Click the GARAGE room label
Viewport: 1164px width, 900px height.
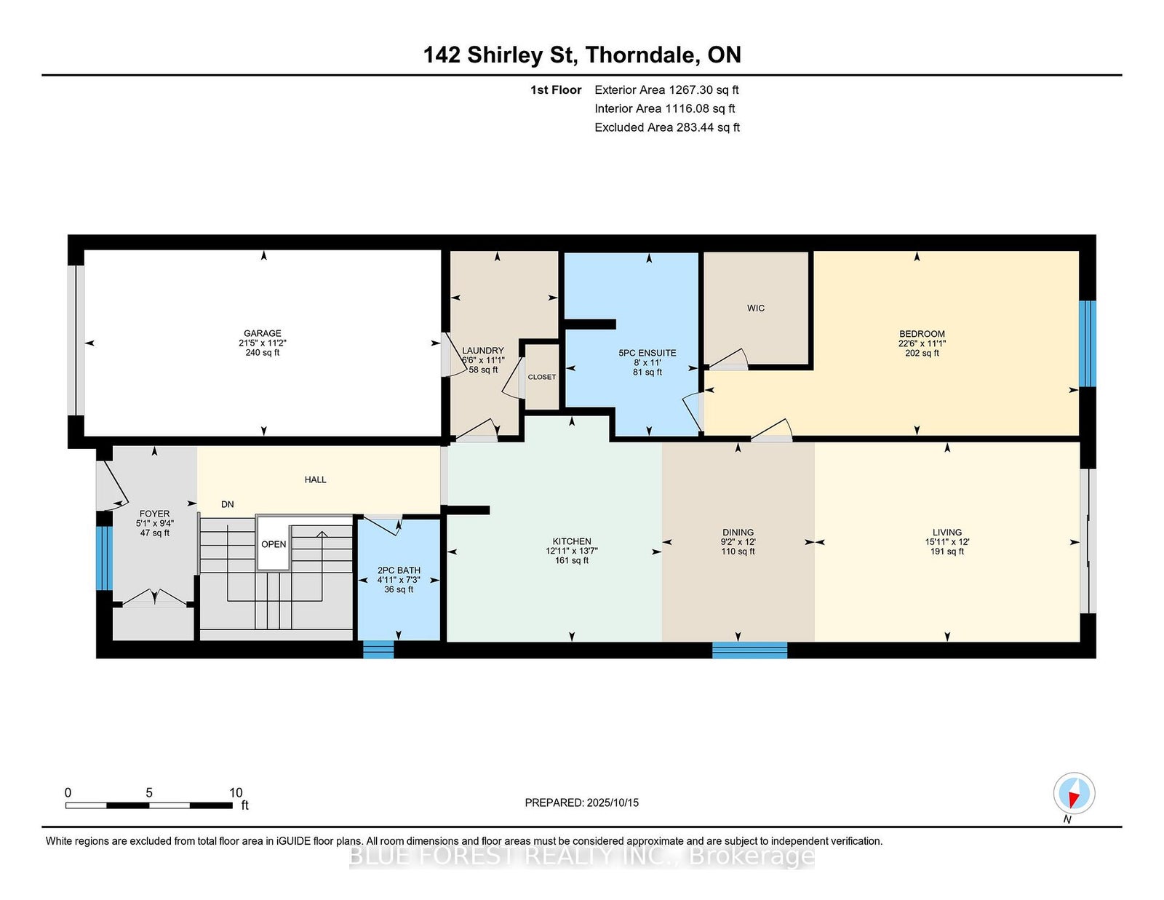263,333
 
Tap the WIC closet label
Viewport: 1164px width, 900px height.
756,308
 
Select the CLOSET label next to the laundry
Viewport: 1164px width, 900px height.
541,377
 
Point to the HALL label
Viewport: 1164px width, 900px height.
316,479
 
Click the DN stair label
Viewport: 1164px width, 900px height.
228,504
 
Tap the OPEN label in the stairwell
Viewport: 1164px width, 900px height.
274,544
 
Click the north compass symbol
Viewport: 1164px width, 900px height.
1074,793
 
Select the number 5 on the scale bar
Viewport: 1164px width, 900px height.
149,792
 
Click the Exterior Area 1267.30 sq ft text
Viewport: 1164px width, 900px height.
666,90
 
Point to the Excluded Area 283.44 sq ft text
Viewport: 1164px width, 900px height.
667,127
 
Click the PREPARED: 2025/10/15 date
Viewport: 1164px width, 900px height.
582,803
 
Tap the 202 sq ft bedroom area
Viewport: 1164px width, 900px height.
922,353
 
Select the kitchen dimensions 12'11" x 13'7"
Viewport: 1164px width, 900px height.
572,551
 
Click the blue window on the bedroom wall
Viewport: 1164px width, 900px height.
1088,343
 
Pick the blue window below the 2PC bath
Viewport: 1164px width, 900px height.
379,649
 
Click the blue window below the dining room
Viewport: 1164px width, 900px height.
749,650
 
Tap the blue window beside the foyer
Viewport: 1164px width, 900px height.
105,558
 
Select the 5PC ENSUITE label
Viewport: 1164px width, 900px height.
647,353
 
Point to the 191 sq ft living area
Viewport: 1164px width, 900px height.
947,551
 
